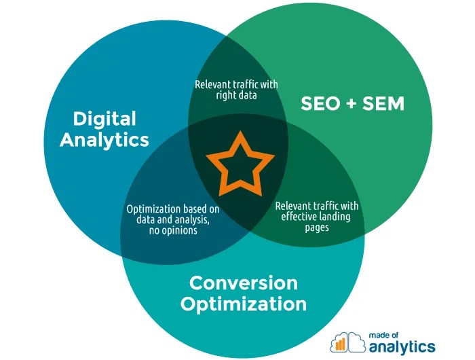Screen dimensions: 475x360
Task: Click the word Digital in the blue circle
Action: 104,119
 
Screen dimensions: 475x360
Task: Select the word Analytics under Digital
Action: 104,140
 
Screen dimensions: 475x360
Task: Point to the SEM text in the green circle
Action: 382,104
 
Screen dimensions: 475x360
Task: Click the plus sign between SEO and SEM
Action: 351,104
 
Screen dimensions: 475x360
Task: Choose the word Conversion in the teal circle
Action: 243,282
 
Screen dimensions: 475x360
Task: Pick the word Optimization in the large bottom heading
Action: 243,303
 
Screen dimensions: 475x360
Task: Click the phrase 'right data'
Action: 237,96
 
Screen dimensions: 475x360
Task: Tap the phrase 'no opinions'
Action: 172,231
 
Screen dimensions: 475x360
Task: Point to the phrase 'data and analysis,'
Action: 172,220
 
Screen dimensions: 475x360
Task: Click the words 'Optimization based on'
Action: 172,209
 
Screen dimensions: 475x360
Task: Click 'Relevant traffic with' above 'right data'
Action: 237,85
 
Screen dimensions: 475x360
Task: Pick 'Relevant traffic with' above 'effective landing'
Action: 316,206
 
